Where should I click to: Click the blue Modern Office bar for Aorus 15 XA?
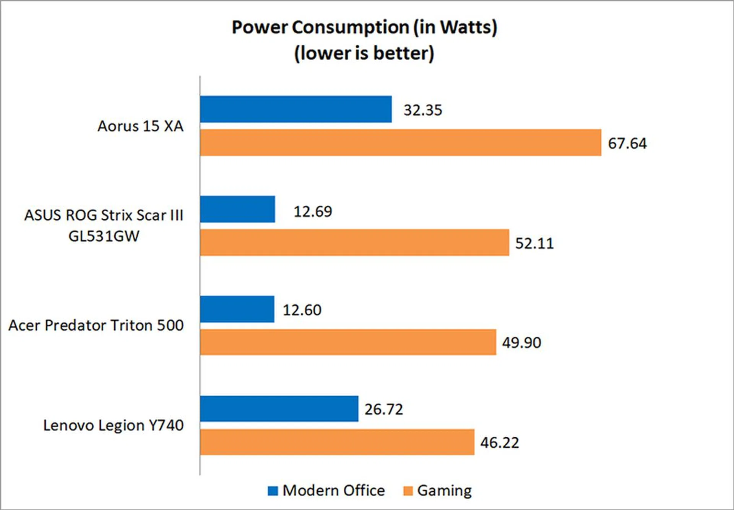[296, 109]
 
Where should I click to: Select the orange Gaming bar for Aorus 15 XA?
[400, 142]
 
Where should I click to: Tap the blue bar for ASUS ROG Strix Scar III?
[237, 209]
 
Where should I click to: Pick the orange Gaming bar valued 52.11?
[354, 242]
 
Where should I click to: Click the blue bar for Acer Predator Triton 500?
[237, 309]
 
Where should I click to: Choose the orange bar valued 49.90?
[348, 342]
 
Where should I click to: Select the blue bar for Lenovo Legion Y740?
[279, 409]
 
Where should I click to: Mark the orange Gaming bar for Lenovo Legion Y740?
[337, 442]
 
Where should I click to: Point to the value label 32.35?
[423, 110]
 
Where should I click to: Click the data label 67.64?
[627, 144]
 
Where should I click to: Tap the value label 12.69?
[313, 211]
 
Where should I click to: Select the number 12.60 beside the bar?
[302, 310]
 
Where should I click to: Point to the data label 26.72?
[384, 410]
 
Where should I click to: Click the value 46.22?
[500, 443]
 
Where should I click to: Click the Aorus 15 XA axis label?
[140, 126]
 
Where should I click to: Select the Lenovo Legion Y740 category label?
[113, 425]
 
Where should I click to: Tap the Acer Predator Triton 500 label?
[96, 325]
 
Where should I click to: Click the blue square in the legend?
[273, 491]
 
